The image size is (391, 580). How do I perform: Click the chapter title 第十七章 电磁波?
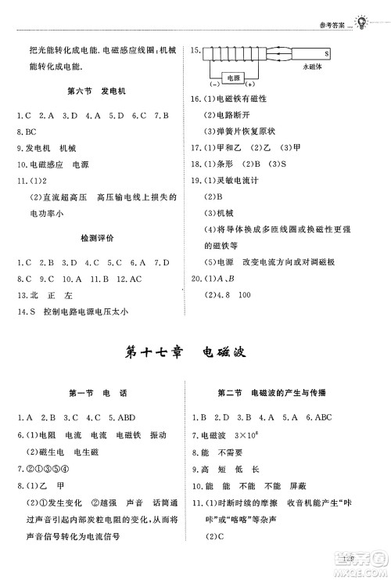195,351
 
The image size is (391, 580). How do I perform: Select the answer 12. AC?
129,278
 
